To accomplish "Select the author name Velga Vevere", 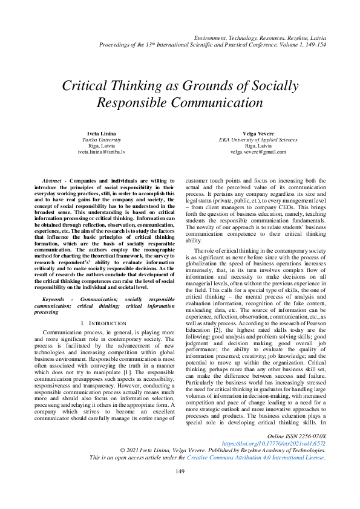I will coord(258,132).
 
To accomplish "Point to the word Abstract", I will coord(53,180).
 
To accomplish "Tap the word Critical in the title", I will coord(89,86).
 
